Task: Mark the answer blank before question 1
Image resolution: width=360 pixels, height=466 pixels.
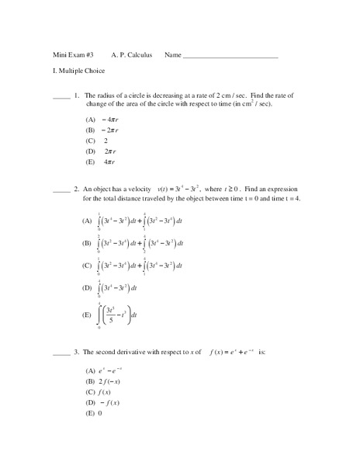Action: click(61, 97)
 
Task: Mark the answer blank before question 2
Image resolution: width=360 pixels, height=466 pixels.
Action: click(61, 190)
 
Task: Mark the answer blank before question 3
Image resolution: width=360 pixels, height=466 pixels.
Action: click(61, 353)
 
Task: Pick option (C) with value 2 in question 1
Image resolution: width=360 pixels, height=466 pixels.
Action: click(98, 141)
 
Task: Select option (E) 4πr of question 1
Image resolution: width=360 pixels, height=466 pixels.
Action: click(101, 162)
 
